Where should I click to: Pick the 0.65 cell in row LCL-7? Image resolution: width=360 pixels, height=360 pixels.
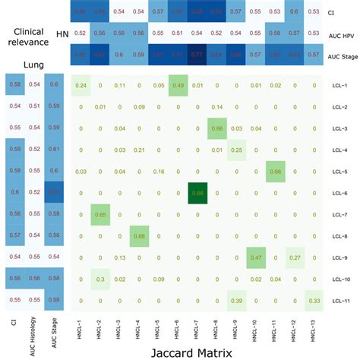point(99,215)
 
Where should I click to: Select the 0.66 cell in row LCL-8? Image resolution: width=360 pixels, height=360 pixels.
point(137,237)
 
